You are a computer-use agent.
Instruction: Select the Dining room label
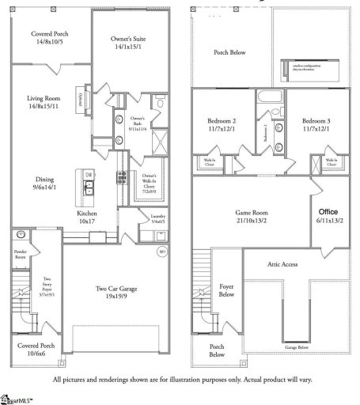(x=44, y=179)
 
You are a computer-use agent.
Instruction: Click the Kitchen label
(x=87, y=215)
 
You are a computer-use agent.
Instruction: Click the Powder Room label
(x=21, y=254)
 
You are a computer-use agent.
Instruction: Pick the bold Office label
(x=328, y=213)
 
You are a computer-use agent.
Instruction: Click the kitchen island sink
(x=89, y=187)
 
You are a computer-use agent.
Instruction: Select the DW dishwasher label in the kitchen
(x=89, y=175)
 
